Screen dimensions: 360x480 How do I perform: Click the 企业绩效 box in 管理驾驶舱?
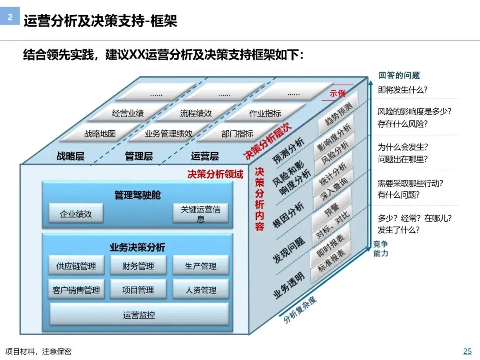coord(76,213)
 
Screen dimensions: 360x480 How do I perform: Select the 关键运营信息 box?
coord(201,213)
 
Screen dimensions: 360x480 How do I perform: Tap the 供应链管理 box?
coord(76,266)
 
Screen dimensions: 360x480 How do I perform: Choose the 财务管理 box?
coord(138,266)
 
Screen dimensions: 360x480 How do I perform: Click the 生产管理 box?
coord(201,266)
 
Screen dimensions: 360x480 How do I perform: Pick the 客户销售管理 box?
coord(76,290)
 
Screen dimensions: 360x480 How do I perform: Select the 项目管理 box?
coord(138,290)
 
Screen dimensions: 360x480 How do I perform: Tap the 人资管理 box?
coord(201,290)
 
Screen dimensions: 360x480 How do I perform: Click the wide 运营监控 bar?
coord(139,315)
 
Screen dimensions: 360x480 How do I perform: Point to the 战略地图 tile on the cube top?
coord(100,133)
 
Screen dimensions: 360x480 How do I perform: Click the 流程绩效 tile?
coord(196,113)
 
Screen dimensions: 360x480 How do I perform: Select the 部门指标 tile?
coord(237,133)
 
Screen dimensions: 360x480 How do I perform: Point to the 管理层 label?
coord(139,156)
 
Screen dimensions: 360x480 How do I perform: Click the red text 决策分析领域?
coord(215,174)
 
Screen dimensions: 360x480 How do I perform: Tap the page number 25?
coord(468,351)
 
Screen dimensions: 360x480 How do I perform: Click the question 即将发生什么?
coord(403,89)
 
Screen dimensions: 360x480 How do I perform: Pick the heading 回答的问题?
coord(399,75)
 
